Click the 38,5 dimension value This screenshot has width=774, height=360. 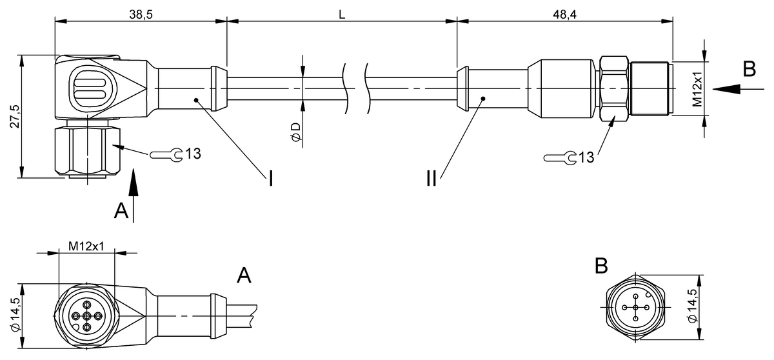pos(141,14)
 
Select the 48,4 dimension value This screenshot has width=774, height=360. pos(564,14)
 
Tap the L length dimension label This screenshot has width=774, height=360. pos(342,14)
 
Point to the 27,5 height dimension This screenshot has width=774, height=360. pos(15,117)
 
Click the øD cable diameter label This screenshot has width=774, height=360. pos(296,132)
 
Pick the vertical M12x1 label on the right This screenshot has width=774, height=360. pos(697,89)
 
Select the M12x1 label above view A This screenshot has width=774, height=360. pos(86,246)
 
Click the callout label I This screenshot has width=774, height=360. pos(271,179)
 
